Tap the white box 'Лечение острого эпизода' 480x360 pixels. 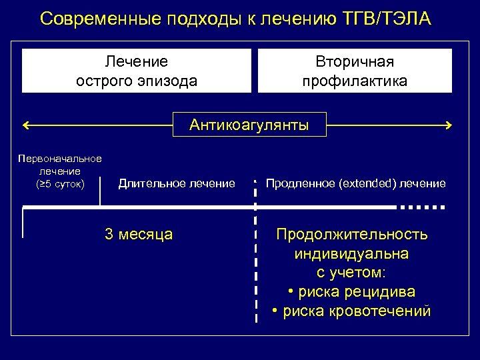[137, 71]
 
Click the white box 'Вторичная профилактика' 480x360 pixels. [355, 71]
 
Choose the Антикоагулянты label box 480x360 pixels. [249, 125]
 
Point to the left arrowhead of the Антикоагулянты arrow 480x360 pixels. [25, 125]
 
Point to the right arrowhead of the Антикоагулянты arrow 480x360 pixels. [449, 125]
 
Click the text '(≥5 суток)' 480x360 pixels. [60, 183]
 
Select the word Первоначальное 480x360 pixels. [60, 159]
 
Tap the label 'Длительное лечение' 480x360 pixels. [177, 183]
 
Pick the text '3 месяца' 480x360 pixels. [139, 234]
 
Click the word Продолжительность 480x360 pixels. [352, 235]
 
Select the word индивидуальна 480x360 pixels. [351, 254]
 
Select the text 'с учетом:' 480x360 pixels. [351, 273]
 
